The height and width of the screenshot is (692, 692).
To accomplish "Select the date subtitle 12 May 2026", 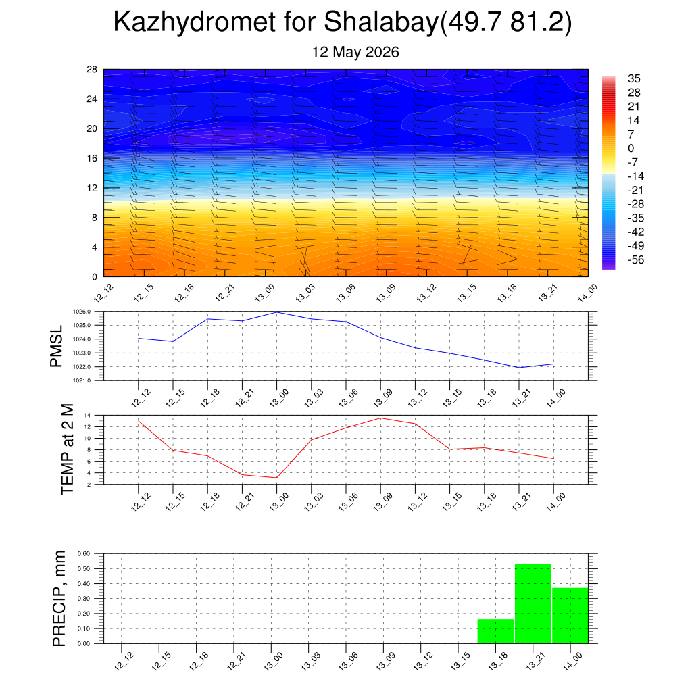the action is (355, 52).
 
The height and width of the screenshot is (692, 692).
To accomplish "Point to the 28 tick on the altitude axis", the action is (92, 70).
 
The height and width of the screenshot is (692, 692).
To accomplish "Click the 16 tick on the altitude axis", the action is (92, 158).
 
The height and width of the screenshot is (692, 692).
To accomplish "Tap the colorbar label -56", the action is (636, 260).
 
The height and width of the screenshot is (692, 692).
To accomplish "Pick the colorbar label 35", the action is (634, 78).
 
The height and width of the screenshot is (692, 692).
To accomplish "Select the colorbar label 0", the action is (631, 148).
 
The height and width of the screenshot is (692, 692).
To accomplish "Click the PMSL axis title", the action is (57, 347).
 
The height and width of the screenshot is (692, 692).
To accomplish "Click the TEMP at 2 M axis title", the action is (67, 449).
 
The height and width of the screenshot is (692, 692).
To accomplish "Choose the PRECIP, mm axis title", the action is (59, 599).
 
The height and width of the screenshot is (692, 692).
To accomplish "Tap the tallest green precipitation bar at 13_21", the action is (533, 603).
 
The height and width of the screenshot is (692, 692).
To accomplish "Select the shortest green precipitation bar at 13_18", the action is (495, 631).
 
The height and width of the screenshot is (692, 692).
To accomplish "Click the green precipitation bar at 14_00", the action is (570, 616).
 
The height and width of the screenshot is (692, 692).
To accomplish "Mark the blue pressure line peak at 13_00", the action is (276, 312).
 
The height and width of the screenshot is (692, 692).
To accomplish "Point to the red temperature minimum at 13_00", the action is (276, 478).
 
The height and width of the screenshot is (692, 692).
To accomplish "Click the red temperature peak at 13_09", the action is (380, 418).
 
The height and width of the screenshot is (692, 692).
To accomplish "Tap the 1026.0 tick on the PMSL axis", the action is (82, 312).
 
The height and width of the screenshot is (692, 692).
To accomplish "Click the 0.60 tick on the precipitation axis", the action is (84, 553).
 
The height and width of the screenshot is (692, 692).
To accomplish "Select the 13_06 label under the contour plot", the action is (345, 293).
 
